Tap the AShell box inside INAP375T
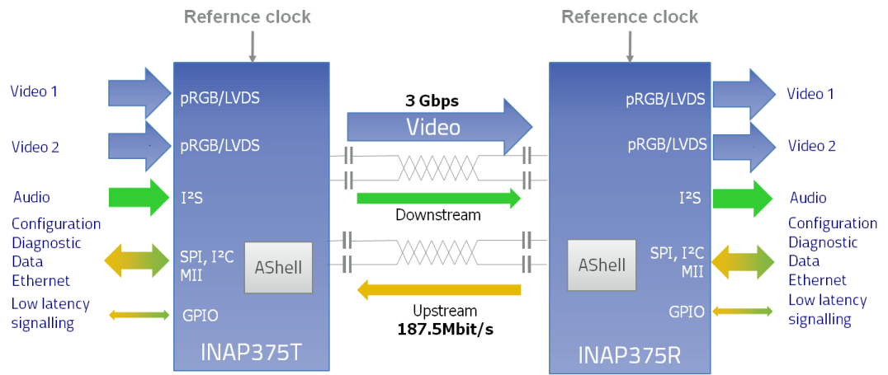pos(278,267)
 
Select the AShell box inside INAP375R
pos(602,265)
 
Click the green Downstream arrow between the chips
pos(438,198)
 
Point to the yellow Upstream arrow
pos(438,289)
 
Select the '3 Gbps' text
pos(432,101)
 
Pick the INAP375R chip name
pos(631,355)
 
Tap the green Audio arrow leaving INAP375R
pos(742,198)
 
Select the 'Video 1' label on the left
pos(34,91)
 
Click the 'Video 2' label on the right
pos(812,146)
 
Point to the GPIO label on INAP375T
pos(200,315)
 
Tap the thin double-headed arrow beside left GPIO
pos(139,314)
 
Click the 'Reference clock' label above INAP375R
pos(630,16)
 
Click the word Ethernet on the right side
pos(817,280)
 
